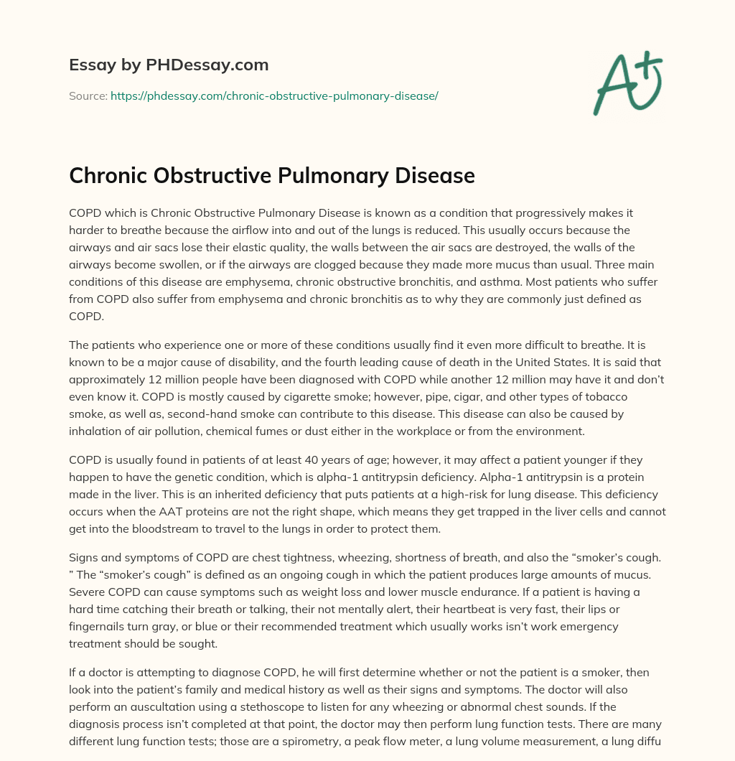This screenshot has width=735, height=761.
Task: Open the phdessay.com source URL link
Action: click(x=274, y=95)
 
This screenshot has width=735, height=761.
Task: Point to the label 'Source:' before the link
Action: click(x=88, y=95)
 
